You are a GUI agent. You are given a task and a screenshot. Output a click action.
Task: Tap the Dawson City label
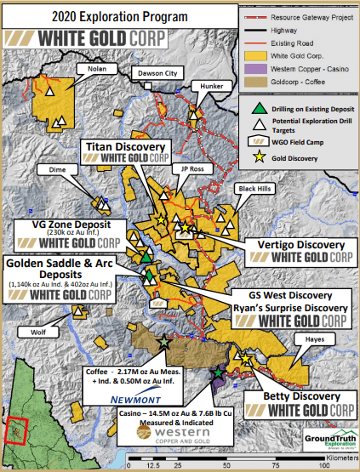click(162, 74)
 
